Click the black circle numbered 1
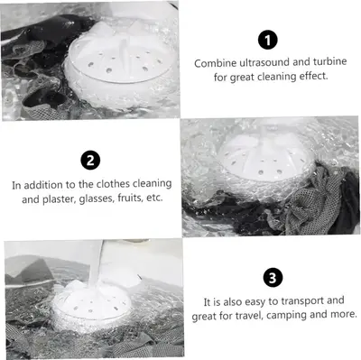click(x=267, y=41)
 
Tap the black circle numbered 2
click(x=90, y=160)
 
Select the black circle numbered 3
click(x=273, y=278)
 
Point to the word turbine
click(x=330, y=61)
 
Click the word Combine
click(x=216, y=63)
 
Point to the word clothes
click(x=110, y=183)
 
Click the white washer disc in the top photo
click(x=120, y=66)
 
